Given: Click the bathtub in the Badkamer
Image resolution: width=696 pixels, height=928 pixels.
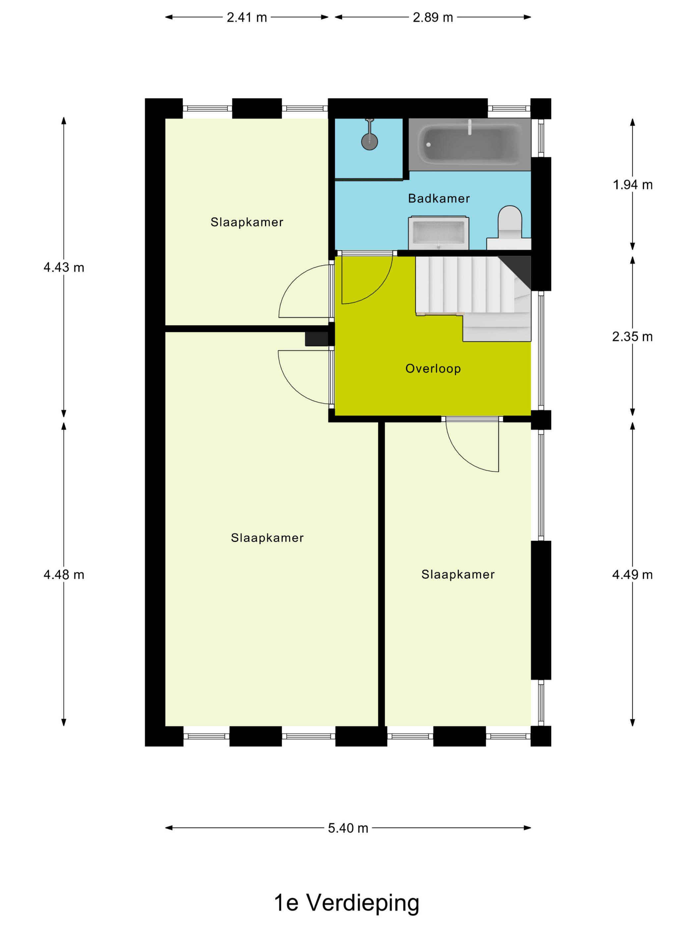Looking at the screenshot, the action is pyautogui.click(x=469, y=144).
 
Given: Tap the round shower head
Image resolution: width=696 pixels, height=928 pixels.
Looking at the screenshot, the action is pyautogui.click(x=369, y=142).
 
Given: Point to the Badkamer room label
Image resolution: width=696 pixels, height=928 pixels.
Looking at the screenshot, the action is pyautogui.click(x=439, y=199).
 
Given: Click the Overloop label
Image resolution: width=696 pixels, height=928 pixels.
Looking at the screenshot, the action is pyautogui.click(x=433, y=368).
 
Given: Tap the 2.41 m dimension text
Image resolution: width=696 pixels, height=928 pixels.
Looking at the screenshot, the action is pyautogui.click(x=247, y=17).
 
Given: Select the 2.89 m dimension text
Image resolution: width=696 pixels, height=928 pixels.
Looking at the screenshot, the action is pyautogui.click(x=433, y=17).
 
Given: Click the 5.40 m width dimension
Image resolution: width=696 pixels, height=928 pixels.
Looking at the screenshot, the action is pyautogui.click(x=348, y=828).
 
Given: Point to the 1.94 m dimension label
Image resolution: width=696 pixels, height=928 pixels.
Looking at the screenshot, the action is pyautogui.click(x=633, y=185).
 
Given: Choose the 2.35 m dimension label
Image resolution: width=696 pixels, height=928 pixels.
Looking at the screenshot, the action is pyautogui.click(x=632, y=336).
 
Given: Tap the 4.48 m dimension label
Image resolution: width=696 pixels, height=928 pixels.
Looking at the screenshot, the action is pyautogui.click(x=64, y=574).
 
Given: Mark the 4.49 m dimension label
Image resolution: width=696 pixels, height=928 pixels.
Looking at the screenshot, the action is pyautogui.click(x=632, y=574).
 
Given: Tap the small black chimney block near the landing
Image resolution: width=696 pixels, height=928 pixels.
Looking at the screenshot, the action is pyautogui.click(x=316, y=339).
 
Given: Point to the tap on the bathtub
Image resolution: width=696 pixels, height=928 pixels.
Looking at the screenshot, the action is pyautogui.click(x=469, y=128).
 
